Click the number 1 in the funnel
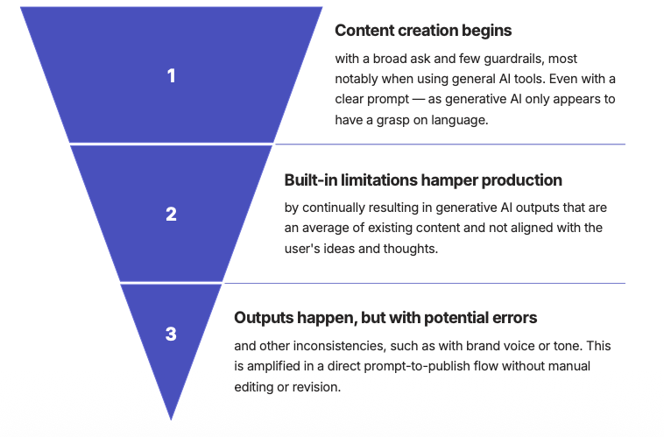pos(172,76)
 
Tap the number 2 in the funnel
pos(172,214)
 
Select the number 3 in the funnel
pos(172,334)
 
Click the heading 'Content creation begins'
pos(423,31)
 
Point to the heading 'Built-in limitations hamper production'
pos(423,180)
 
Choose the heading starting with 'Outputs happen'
pos(385,317)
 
